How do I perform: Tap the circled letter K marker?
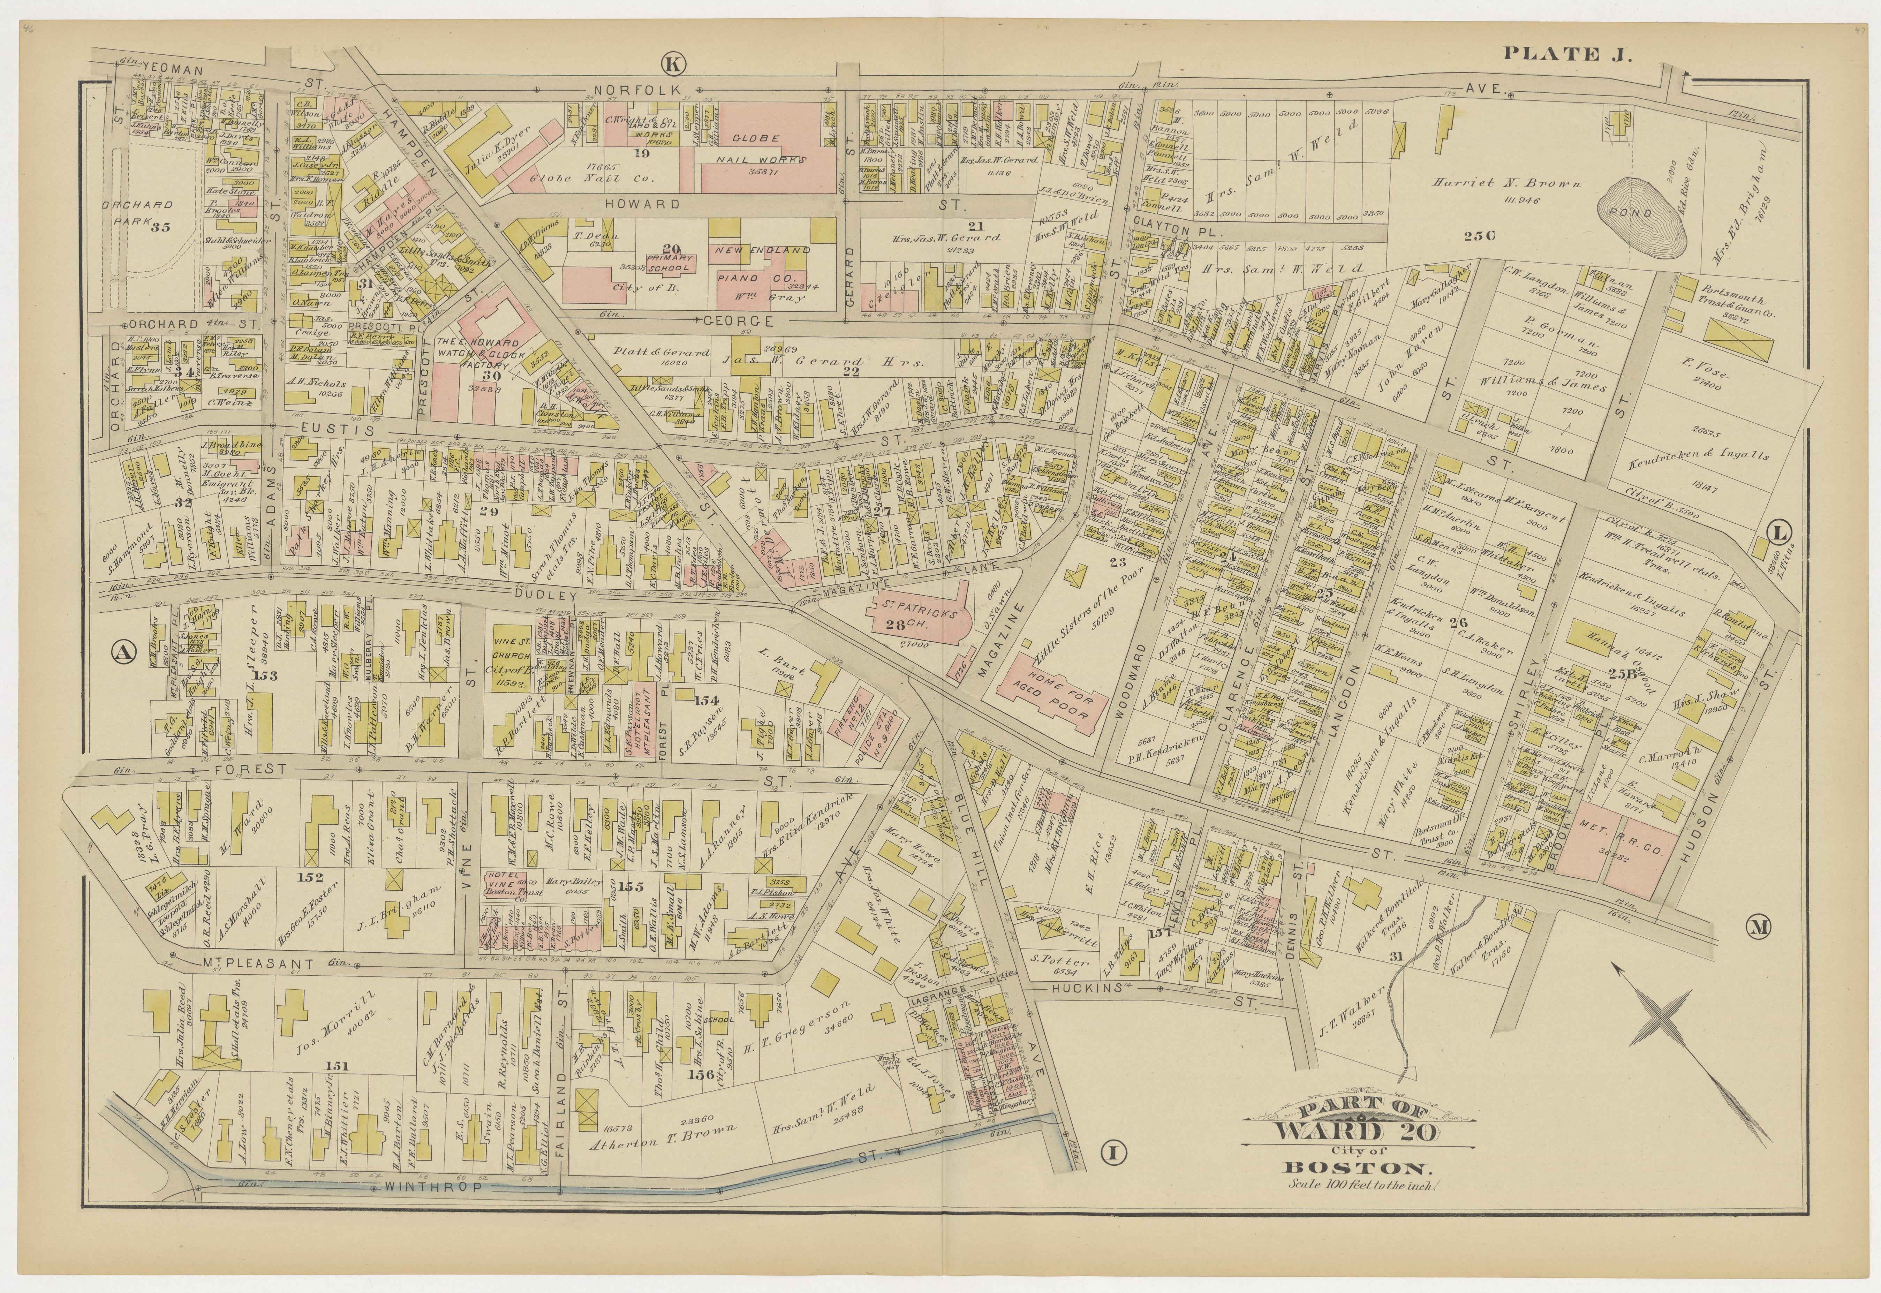tap(672, 62)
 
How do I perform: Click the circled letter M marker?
tap(1758, 928)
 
